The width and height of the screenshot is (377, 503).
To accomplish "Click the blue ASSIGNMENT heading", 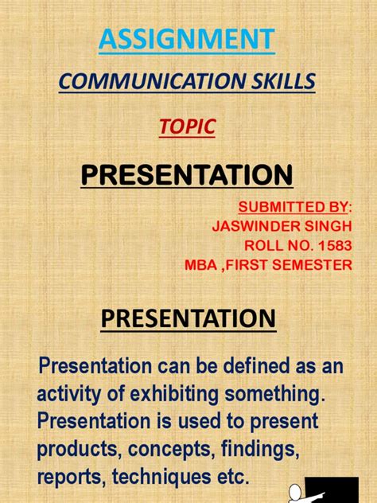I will click(188, 38).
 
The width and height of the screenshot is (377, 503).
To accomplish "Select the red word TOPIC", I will click(188, 126).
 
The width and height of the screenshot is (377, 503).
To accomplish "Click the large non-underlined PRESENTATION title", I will click(188, 174).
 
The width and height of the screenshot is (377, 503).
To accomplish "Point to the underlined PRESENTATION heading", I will click(188, 320).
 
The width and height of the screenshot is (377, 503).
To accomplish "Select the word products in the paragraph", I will click(75, 450).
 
